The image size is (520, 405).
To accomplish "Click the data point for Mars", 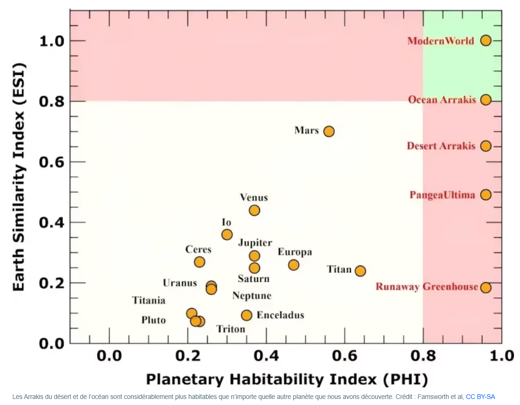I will (x=329, y=131).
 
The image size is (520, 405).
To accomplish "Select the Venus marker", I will (x=254, y=210).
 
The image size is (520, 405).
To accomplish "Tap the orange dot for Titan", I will (x=360, y=271).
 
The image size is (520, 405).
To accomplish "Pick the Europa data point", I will (x=293, y=265).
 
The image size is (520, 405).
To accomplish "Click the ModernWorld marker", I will (x=486, y=40).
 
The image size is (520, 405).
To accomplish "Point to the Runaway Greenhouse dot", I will (x=486, y=287).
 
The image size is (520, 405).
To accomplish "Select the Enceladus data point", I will (x=247, y=315).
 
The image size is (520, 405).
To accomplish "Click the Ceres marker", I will (x=200, y=262).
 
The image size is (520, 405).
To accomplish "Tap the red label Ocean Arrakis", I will (x=442, y=100).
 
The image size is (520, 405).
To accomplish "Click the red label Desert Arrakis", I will (x=441, y=146).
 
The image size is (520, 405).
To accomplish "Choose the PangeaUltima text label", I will (x=442, y=195).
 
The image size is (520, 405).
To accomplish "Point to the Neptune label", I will (x=252, y=296).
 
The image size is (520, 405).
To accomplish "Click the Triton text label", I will (x=231, y=329).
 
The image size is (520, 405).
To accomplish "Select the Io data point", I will (x=227, y=235).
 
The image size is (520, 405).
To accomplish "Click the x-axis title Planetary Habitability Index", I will (x=286, y=379).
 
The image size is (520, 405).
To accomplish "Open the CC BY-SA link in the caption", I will (x=480, y=397).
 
